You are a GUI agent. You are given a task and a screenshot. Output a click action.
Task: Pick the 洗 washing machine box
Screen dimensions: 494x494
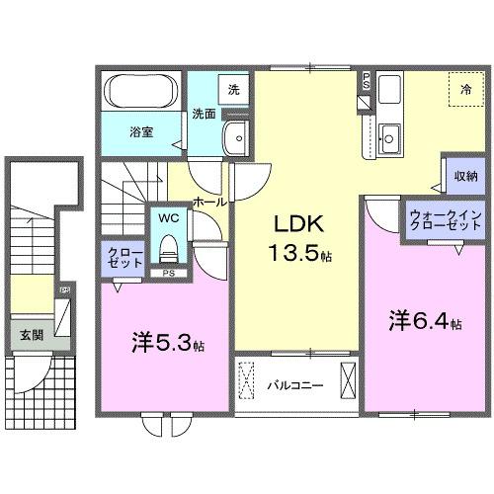[x=234, y=90]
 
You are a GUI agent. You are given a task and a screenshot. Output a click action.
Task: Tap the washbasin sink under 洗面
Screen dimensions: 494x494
[x=235, y=136]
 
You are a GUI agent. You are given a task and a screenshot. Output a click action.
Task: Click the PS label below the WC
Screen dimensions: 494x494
[x=168, y=273]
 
